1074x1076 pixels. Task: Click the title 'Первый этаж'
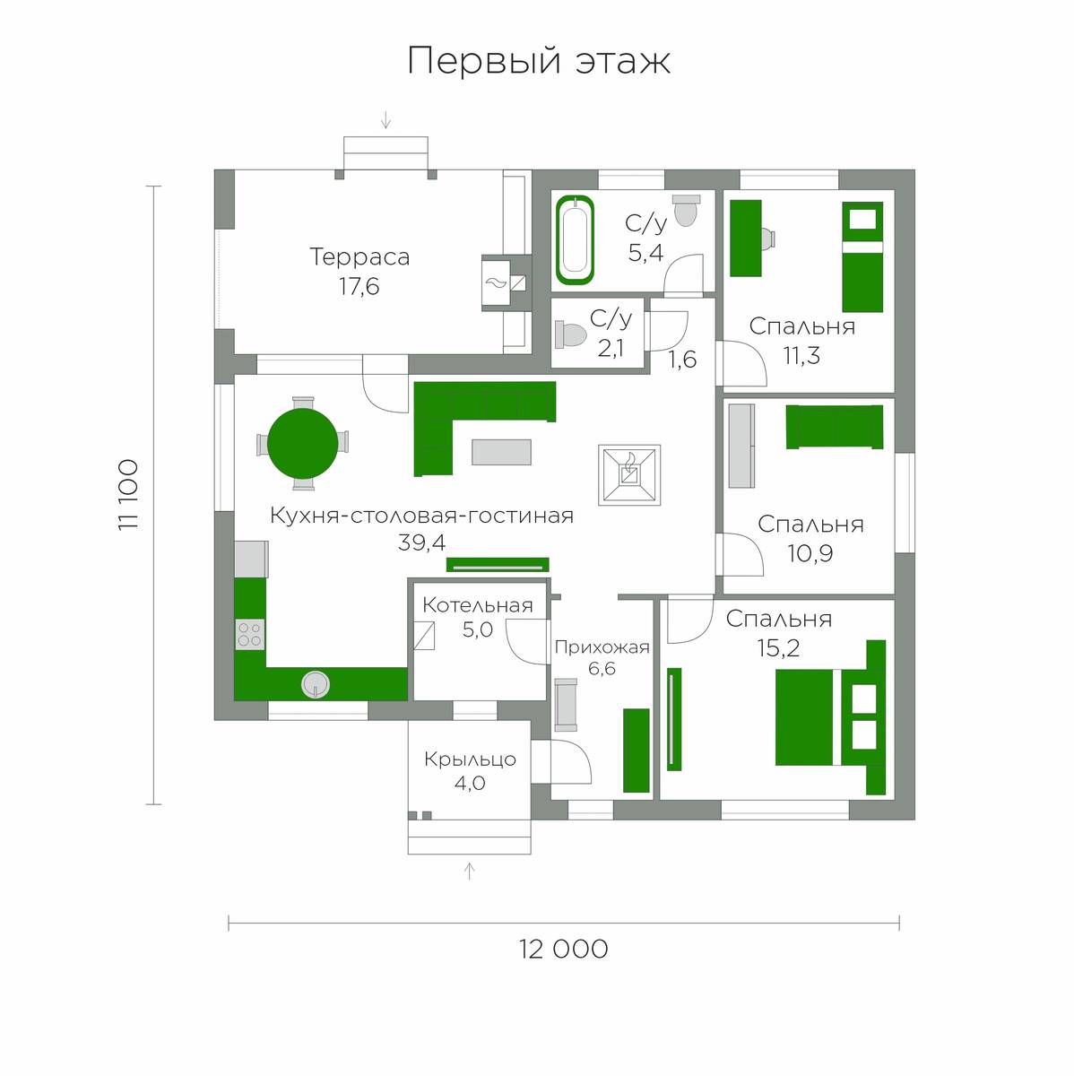coord(539,61)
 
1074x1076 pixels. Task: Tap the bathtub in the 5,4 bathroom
coord(575,239)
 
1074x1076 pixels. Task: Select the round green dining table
coord(302,444)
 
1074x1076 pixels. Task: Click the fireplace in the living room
coord(629,474)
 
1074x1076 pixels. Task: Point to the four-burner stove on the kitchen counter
coord(249,635)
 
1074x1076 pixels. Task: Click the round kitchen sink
coord(316,684)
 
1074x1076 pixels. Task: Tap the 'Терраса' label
coord(359,257)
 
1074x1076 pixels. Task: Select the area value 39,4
coord(421,542)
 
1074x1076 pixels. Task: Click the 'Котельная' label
coord(478,605)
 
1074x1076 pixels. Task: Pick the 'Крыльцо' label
coord(471,759)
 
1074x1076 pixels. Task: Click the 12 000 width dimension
coord(564,950)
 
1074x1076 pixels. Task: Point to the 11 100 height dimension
coord(129,495)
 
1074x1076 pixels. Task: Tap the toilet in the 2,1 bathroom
coord(570,335)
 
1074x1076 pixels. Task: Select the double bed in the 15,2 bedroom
coord(830,717)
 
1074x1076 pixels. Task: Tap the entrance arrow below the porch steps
coord(470,872)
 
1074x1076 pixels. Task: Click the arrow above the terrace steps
coord(385,120)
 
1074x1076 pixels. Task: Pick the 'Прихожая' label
coord(602,647)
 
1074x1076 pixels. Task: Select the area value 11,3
coord(801,356)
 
